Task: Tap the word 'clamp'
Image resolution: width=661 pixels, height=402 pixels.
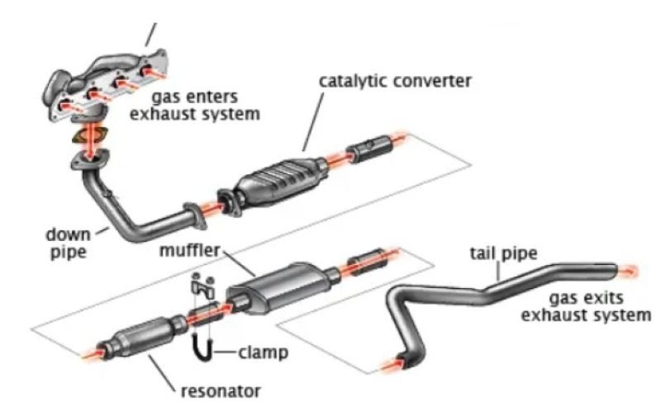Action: [x=263, y=352]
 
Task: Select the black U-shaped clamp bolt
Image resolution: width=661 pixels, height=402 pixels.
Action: [x=201, y=347]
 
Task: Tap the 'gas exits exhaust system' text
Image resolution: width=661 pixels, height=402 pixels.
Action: [x=594, y=305]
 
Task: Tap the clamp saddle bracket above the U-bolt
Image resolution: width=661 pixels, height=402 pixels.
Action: [x=201, y=287]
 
